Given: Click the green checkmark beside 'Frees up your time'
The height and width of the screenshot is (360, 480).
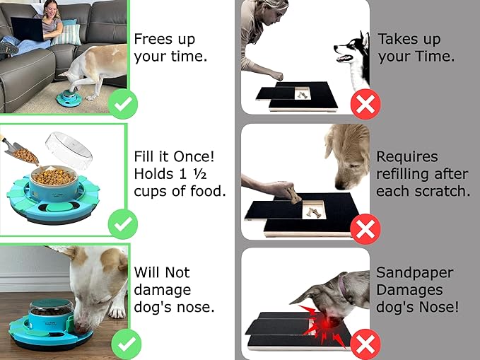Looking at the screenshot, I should [x=123, y=105].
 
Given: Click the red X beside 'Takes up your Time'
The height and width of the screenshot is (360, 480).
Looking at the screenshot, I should [x=365, y=105].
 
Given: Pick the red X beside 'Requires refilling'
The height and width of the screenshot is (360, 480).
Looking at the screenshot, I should [x=365, y=227].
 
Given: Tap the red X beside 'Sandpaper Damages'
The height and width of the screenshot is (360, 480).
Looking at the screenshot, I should [x=365, y=345].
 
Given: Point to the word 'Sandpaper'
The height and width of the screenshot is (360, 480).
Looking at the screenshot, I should [x=415, y=272].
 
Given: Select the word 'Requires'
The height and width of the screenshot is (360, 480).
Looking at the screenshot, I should [x=407, y=156].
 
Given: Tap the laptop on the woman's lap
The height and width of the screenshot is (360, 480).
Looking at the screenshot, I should [x=27, y=29].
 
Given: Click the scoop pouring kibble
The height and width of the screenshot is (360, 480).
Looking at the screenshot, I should [x=17, y=149].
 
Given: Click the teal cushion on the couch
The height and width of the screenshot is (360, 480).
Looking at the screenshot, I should [x=69, y=33].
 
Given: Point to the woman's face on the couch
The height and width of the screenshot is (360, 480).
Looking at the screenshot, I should [x=52, y=9].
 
